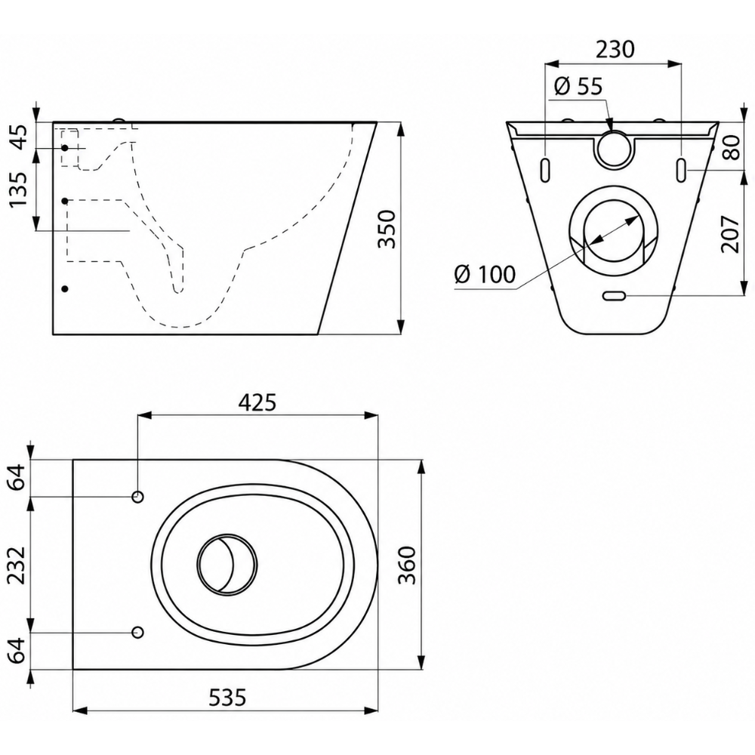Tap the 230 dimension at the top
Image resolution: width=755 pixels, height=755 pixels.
(x=615, y=49)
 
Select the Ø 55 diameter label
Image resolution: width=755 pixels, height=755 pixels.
(x=578, y=86)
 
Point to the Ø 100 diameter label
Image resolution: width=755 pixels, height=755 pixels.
(x=485, y=274)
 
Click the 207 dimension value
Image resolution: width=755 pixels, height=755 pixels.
(x=729, y=234)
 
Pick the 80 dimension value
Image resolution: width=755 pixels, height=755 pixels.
(x=730, y=147)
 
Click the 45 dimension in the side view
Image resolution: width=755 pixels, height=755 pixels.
(x=19, y=137)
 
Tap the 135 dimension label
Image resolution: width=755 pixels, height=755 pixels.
(x=19, y=190)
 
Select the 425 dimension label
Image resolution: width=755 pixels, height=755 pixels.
(x=257, y=402)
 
